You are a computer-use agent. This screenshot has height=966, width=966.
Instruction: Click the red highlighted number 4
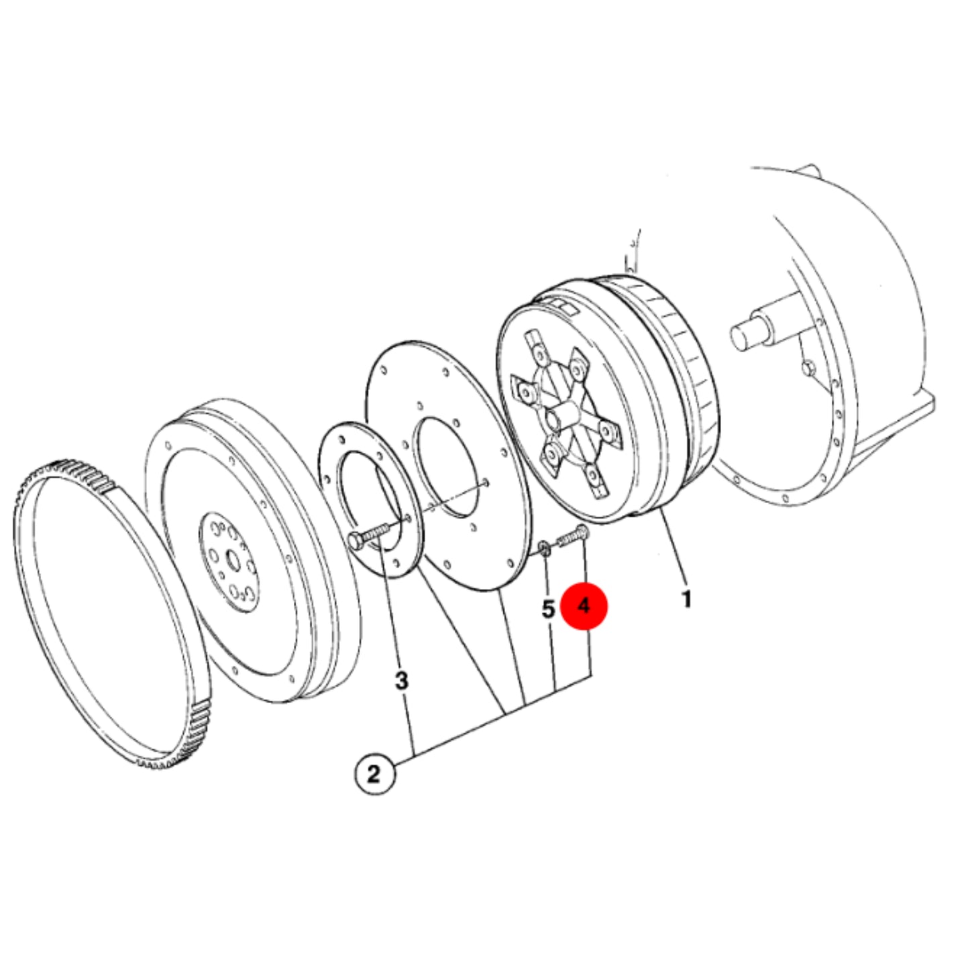click(x=584, y=606)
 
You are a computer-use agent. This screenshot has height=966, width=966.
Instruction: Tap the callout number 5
click(x=548, y=608)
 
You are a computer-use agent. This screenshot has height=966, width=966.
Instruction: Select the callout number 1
click(x=686, y=599)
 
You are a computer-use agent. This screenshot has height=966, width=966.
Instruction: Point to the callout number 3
click(x=402, y=681)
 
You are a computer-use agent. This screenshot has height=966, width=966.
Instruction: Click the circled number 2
click(x=374, y=775)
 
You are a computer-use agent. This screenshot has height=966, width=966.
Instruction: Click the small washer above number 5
click(x=545, y=547)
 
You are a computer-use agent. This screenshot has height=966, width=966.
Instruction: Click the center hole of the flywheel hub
click(x=233, y=560)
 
